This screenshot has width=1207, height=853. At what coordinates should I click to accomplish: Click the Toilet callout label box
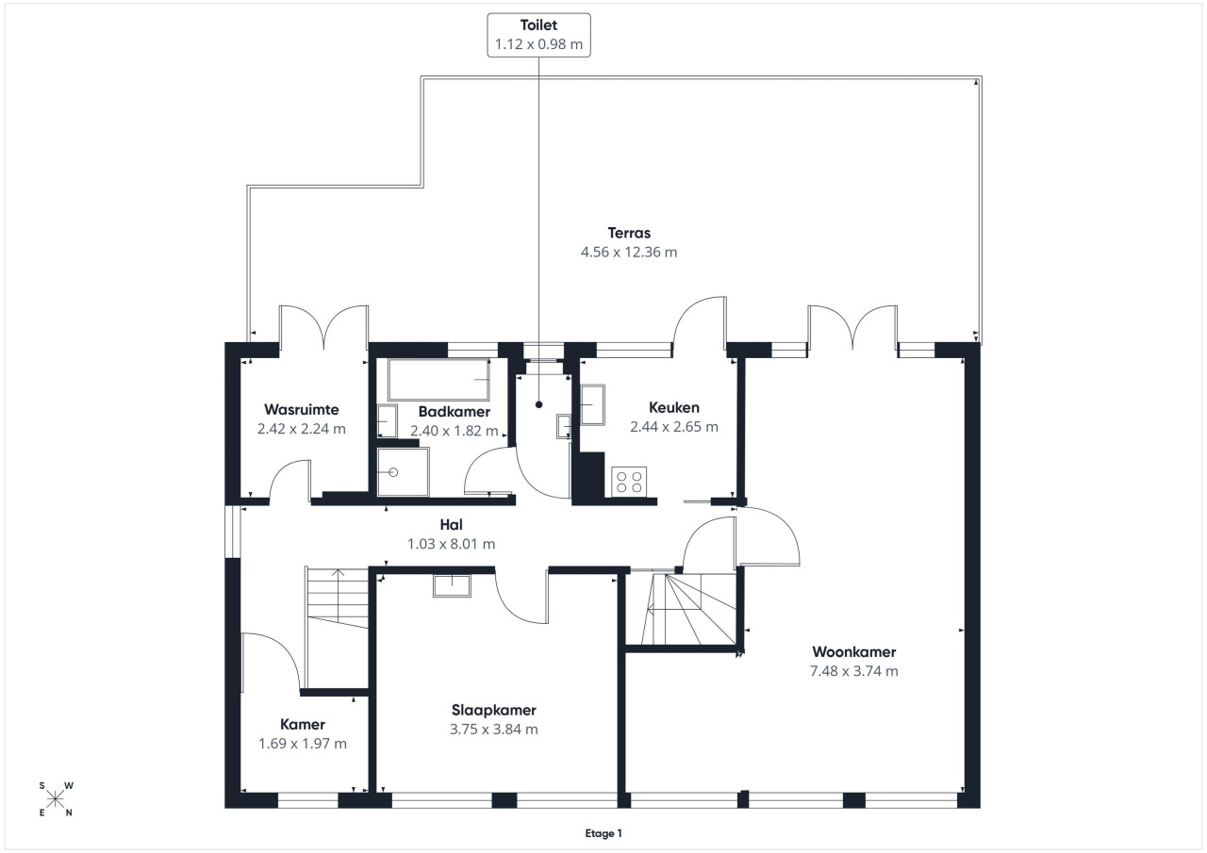(538, 35)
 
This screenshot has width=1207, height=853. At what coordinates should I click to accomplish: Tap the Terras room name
(629, 233)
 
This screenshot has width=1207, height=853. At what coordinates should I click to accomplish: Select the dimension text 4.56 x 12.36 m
(629, 252)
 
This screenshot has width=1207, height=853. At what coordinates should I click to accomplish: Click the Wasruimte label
(301, 409)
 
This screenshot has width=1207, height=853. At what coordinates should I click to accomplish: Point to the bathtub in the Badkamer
(438, 380)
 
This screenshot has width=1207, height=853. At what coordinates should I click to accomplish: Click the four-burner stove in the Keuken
(629, 482)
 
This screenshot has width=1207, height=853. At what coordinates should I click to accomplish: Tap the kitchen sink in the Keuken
(592, 404)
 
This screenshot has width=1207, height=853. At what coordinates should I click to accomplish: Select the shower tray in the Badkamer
(403, 471)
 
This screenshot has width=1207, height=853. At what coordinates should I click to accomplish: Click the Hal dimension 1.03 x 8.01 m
(451, 544)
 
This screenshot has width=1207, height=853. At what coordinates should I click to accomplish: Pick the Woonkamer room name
(854, 652)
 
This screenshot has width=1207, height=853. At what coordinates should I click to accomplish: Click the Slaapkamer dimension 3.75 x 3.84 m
(493, 730)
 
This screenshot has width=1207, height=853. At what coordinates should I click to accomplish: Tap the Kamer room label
(303, 724)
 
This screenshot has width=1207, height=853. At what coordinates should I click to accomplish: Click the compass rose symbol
(56, 799)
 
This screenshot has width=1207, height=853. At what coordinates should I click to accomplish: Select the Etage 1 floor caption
(603, 833)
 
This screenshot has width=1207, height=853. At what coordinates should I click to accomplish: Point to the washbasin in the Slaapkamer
(452, 585)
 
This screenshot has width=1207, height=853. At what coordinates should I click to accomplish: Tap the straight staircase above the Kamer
(337, 598)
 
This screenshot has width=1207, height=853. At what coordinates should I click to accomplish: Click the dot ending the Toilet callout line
(538, 404)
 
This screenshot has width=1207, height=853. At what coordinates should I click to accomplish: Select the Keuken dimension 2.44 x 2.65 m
(674, 426)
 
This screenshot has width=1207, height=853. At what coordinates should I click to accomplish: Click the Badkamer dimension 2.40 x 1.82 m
(454, 431)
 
